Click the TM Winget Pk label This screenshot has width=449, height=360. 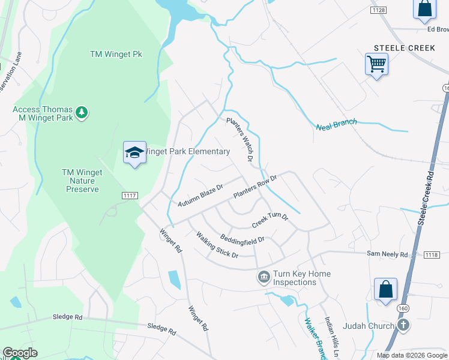[x=116, y=54]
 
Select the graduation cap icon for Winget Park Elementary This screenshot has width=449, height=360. [x=134, y=154]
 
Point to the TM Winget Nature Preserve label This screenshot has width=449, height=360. [x=82, y=181]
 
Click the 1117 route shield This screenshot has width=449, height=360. [x=129, y=195]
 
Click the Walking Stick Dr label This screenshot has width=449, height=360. [x=217, y=246]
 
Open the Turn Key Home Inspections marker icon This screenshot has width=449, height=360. [x=263, y=277]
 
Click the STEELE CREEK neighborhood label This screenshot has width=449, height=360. [x=400, y=47]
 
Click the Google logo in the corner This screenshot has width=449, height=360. [x=20, y=353]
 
